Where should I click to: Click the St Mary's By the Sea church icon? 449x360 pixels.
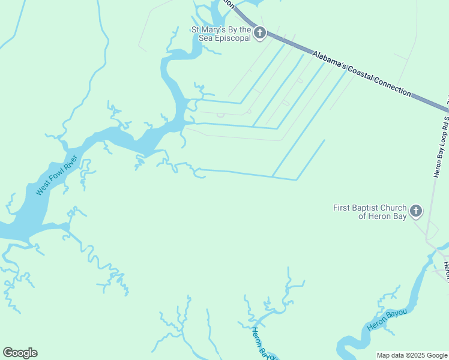click(259, 33)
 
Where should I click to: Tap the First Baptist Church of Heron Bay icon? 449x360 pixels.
click(415, 211)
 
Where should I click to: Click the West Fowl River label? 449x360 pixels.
click(58, 175)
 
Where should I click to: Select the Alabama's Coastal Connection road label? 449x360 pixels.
click(361, 73)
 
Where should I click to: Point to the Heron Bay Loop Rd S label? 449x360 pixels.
click(441, 147)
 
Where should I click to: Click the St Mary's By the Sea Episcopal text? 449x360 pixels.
click(221, 34)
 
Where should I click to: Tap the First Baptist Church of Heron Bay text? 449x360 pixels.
click(369, 212)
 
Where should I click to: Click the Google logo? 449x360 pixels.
click(20, 353)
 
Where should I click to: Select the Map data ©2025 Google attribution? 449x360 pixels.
click(412, 355)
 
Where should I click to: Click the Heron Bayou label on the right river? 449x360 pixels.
click(387, 319)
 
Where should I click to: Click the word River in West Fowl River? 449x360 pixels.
click(72, 163)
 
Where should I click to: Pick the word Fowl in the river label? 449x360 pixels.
click(57, 176)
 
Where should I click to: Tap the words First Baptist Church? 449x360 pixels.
click(369, 208)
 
